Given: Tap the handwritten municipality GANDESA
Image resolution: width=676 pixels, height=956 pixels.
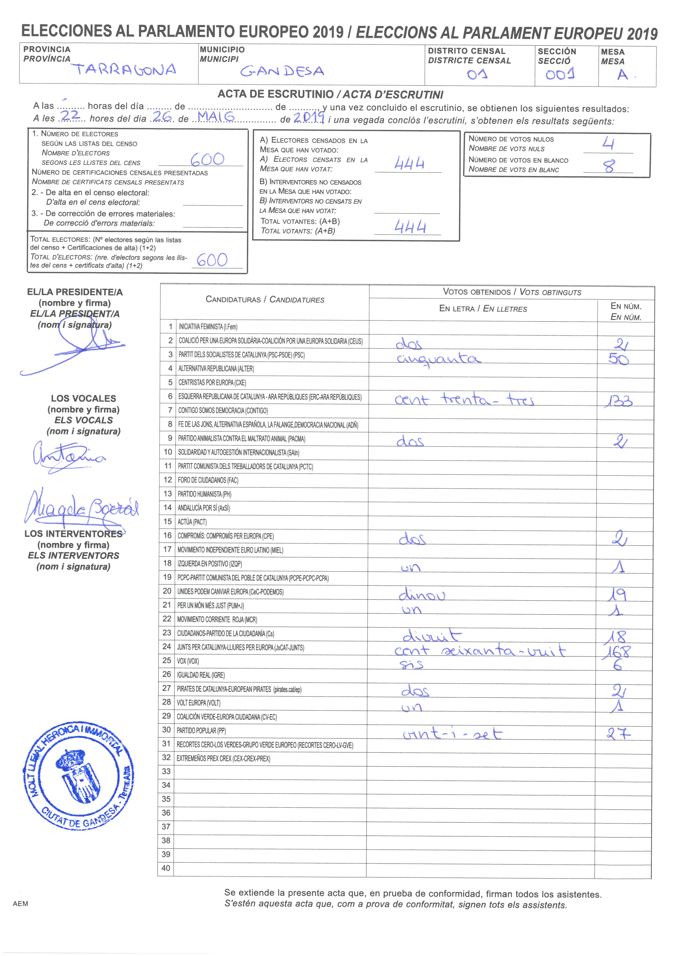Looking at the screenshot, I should click(282, 71).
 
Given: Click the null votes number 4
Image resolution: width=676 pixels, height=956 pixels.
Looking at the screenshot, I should click(608, 144).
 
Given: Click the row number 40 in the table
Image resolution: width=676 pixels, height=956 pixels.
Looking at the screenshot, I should click(166, 868).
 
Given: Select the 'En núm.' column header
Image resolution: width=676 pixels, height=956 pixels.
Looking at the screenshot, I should click(626, 312).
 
